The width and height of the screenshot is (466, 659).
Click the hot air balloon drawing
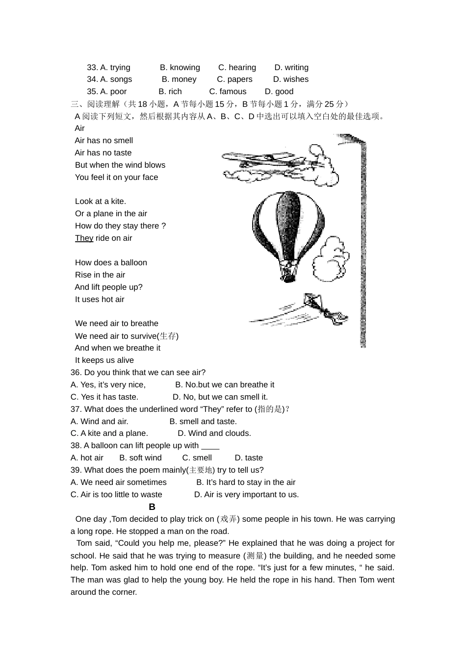click(288, 226)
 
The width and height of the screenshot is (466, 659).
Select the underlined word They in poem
click(84, 238)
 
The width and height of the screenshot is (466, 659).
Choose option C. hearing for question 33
click(237, 68)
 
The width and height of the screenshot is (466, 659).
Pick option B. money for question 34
click(179, 79)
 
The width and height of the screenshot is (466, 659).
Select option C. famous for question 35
click(228, 92)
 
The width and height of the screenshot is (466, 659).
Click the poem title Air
click(79, 128)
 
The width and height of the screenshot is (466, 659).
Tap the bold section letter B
click(152, 507)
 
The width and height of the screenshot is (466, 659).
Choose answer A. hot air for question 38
click(87, 458)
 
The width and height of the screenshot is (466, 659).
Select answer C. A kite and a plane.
click(109, 433)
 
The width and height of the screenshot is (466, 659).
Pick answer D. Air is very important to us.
click(246, 495)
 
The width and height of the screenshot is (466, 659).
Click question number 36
click(76, 373)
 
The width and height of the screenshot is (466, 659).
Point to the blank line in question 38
click(210, 446)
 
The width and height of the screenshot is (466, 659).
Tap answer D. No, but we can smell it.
click(220, 397)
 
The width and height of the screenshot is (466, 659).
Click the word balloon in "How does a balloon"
click(133, 263)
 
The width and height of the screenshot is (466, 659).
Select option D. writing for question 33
click(291, 68)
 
